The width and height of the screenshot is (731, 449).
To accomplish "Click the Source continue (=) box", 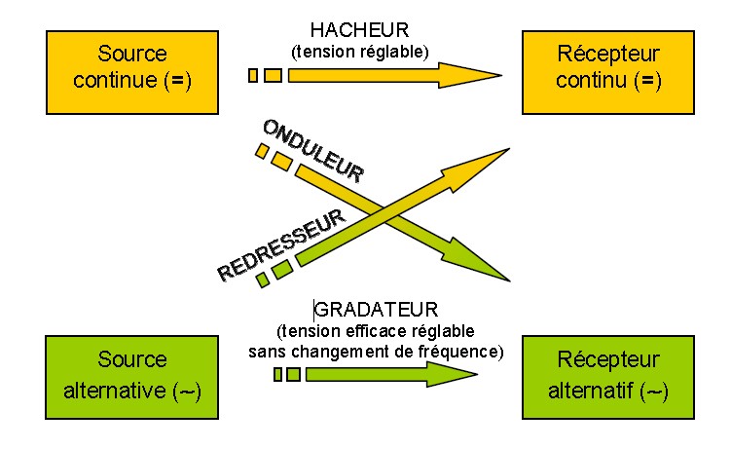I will pyautogui.click(x=132, y=66).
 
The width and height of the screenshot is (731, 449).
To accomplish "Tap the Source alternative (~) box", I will pyautogui.click(x=132, y=375).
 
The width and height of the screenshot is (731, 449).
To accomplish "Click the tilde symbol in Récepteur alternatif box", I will pyautogui.click(x=655, y=391).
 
